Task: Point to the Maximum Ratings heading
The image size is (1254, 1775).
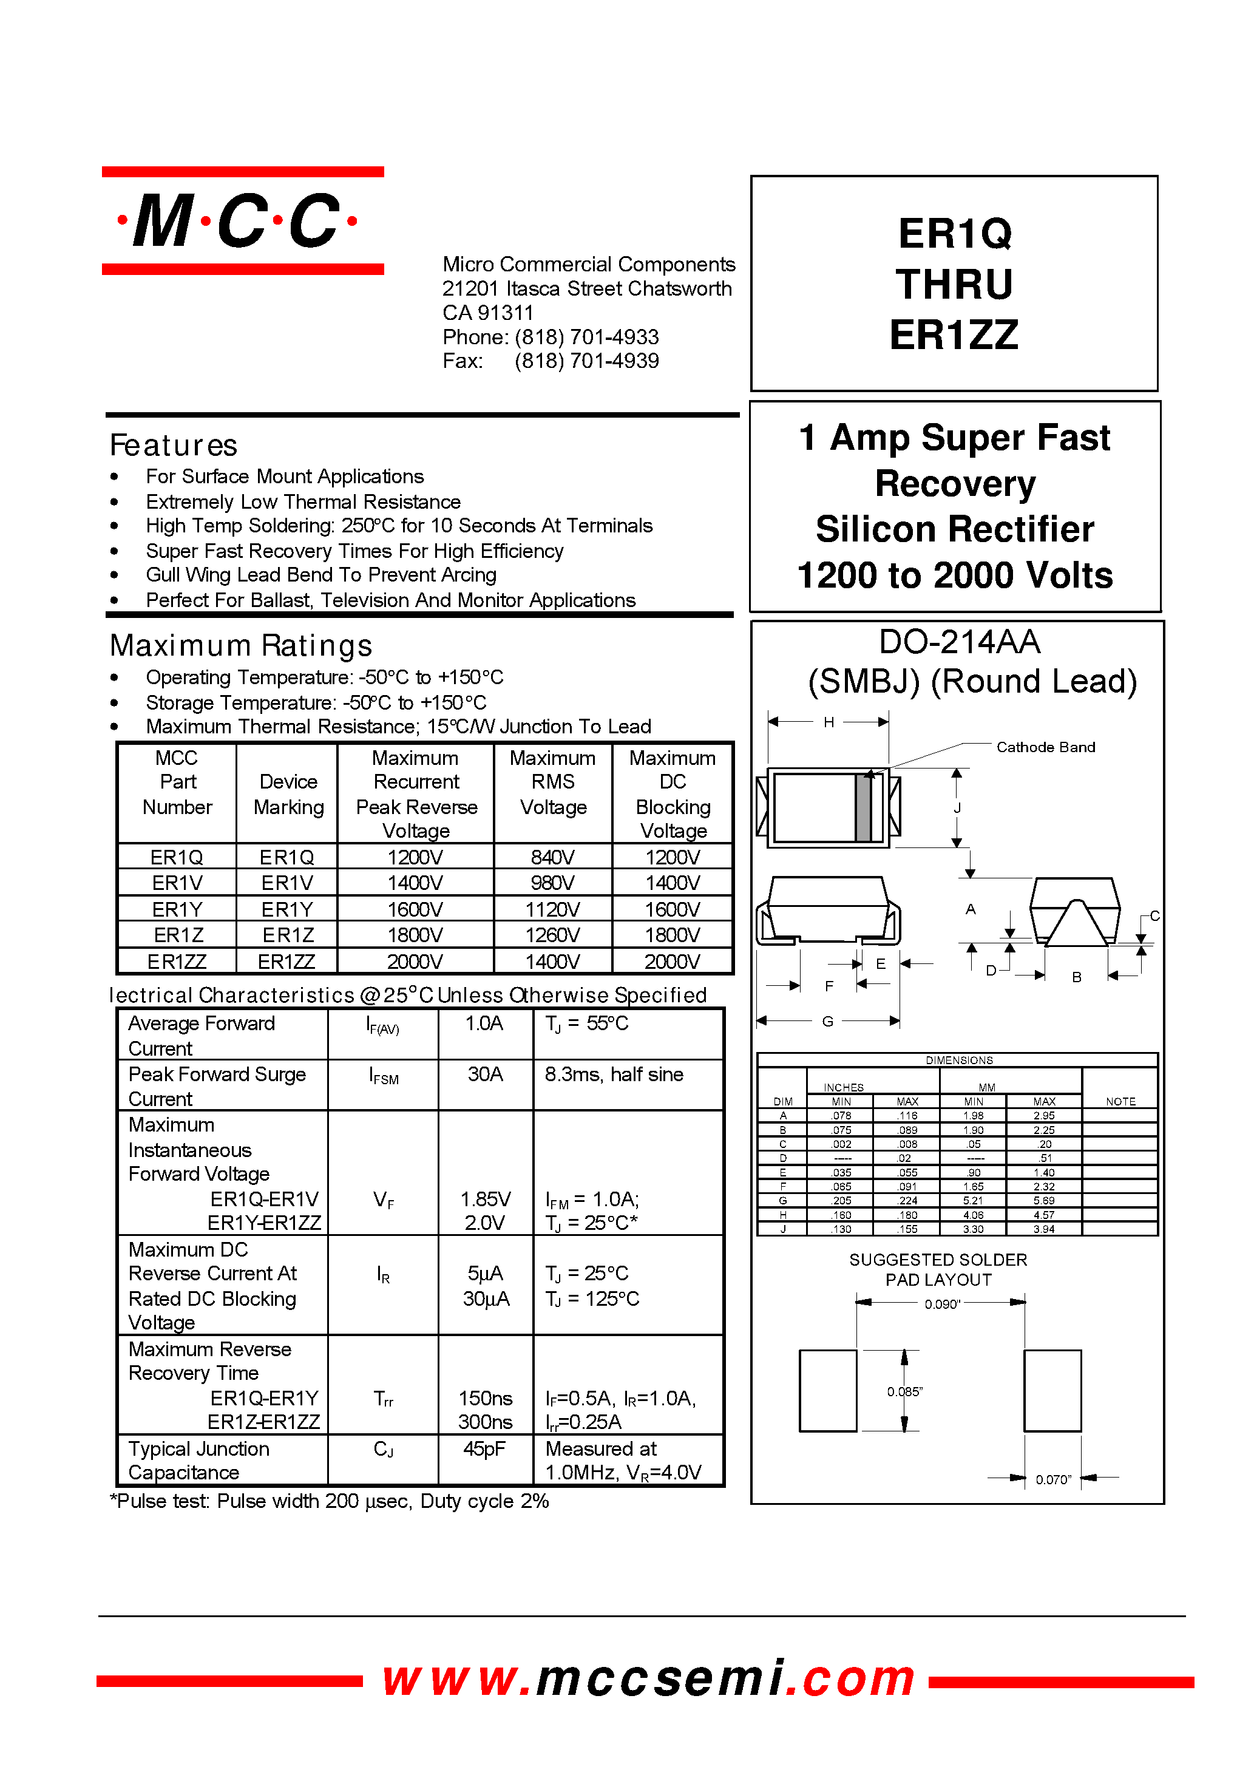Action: [x=240, y=645]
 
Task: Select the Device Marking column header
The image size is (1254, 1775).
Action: [x=288, y=794]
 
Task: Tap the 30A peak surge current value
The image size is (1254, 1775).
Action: [x=485, y=1074]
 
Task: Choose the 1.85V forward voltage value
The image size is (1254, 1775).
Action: [x=485, y=1199]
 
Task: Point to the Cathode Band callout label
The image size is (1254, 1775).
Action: [x=1045, y=747]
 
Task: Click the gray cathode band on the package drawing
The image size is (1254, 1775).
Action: [x=863, y=808]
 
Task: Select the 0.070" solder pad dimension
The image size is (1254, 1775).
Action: [x=1053, y=1480]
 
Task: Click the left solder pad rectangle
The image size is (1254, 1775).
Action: [x=827, y=1391]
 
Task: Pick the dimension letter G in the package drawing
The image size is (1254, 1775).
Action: [x=827, y=1021]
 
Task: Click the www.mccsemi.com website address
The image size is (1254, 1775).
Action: [x=648, y=1679]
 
